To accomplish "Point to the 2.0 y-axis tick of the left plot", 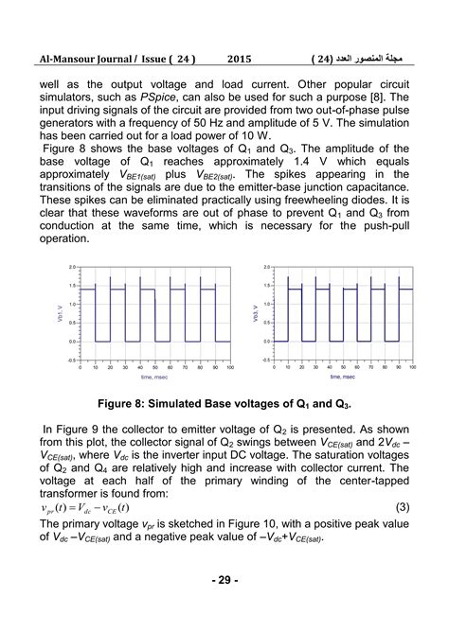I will [x=73, y=268].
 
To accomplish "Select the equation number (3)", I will [x=403, y=507].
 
